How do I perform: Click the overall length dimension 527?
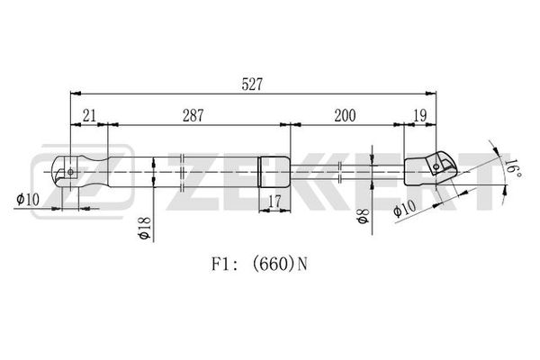tap(252, 85)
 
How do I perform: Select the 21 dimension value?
tap(89, 116)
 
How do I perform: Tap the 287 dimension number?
tap(193, 116)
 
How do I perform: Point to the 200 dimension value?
tap(345, 116)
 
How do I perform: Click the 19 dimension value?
tap(420, 116)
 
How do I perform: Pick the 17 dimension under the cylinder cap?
tap(274, 202)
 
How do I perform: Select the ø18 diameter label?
tap(145, 228)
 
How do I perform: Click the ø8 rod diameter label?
tap(363, 216)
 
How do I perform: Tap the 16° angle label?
tap(512, 167)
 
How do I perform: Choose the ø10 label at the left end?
tap(28, 199)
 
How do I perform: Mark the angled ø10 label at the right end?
tap(405, 209)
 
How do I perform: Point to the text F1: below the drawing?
tap(224, 265)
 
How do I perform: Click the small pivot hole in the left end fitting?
tap(70, 172)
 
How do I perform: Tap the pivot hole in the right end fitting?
tap(436, 167)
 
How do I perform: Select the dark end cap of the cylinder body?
tap(274, 172)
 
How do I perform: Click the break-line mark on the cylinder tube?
tap(183, 172)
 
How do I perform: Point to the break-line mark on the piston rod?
tap(340, 172)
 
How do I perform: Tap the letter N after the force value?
tap(302, 265)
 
